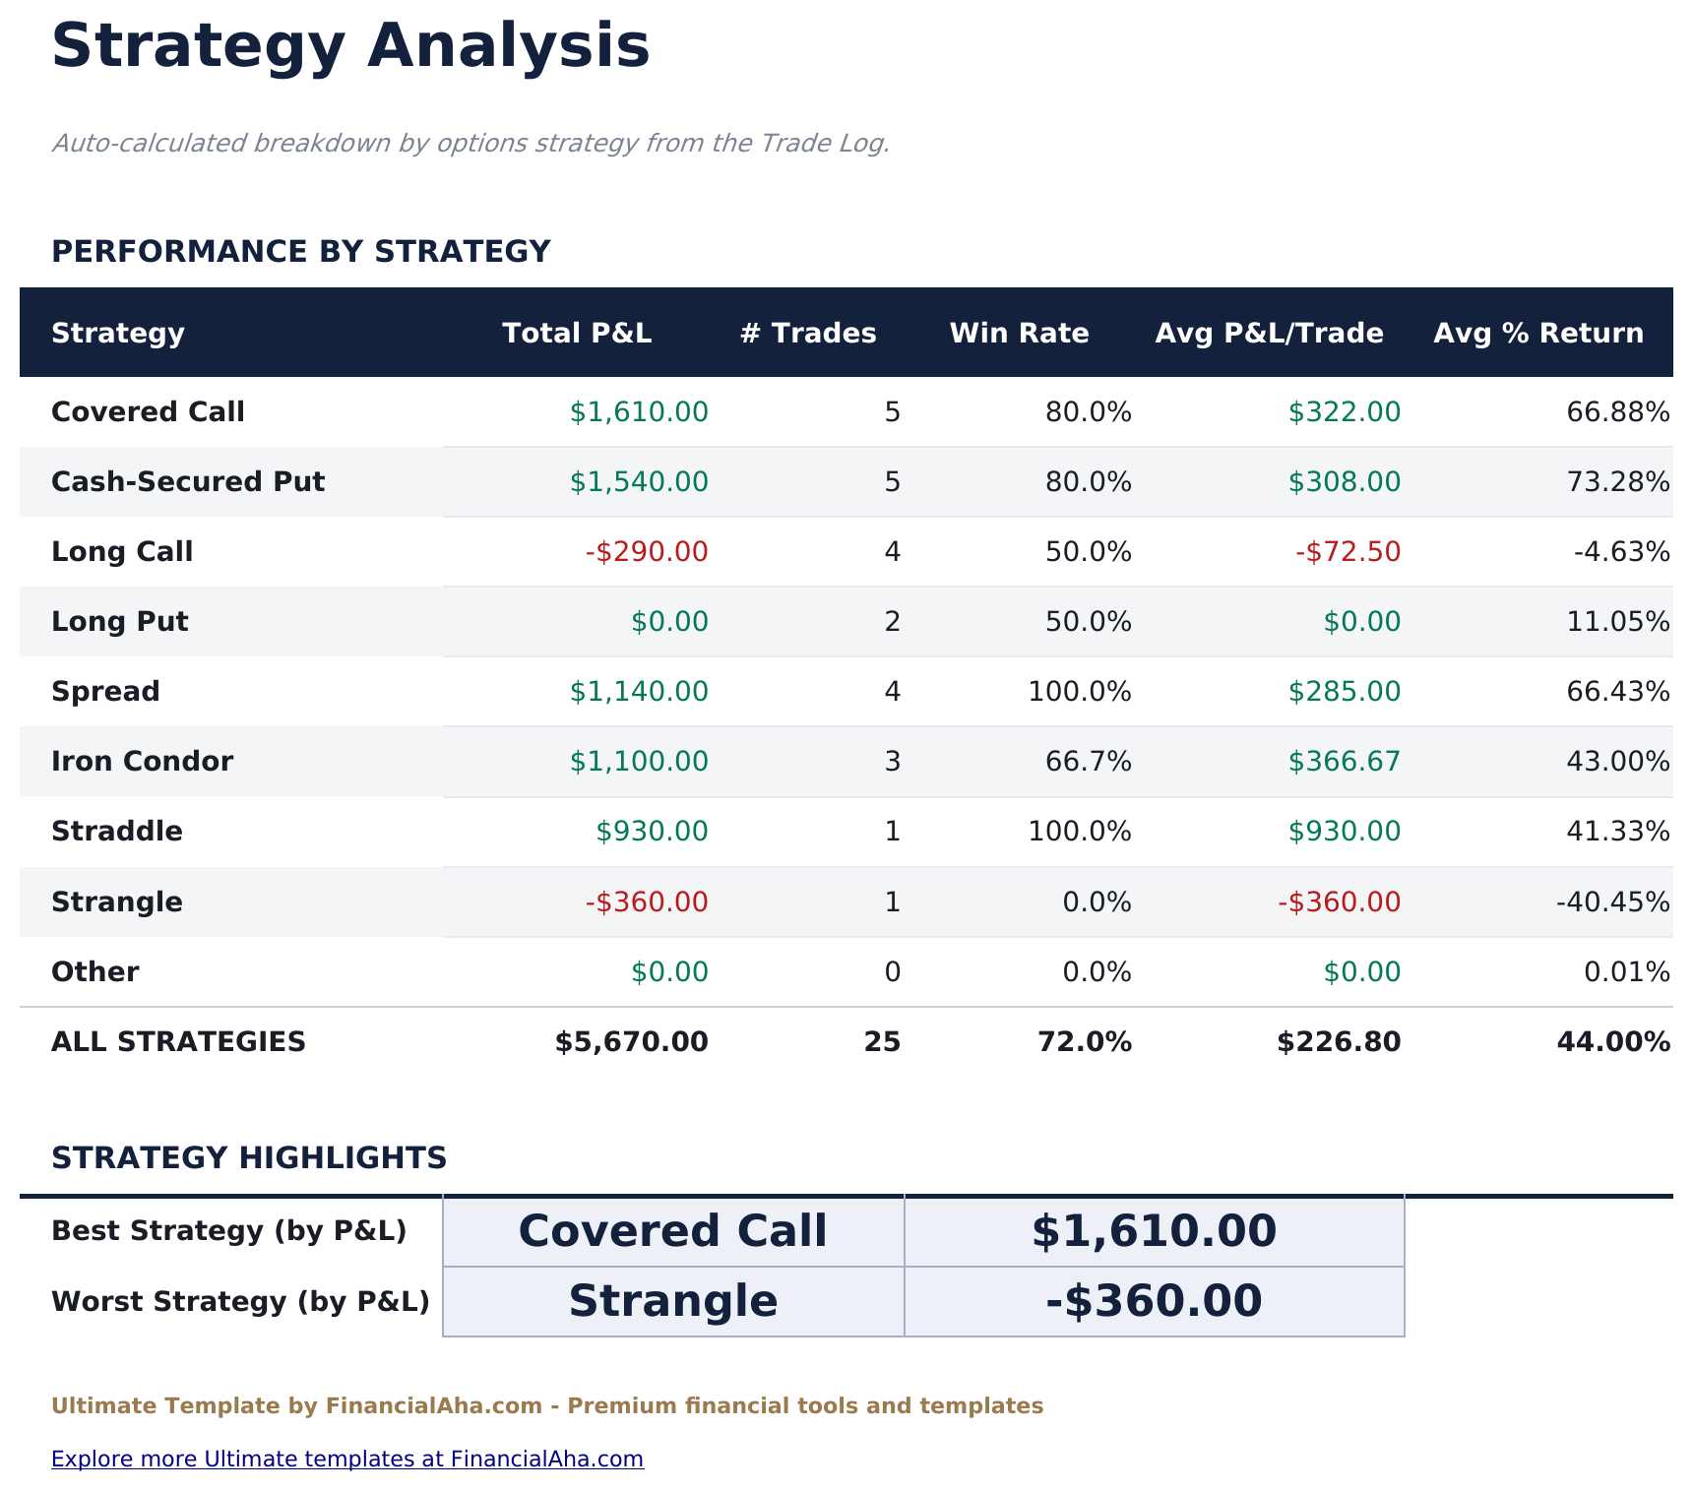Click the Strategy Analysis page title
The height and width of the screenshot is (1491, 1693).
350,46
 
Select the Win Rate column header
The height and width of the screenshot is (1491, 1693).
1019,334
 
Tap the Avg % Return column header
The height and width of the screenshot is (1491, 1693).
1538,334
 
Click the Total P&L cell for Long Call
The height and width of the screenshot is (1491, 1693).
647,552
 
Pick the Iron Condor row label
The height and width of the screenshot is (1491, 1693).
142,762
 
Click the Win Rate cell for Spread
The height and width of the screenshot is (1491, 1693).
1080,692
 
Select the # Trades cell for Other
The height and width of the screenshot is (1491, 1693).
892,972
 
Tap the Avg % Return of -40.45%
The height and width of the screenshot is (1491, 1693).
1612,902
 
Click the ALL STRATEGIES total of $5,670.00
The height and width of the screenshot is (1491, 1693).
631,1042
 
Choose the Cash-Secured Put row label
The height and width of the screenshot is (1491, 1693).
188,482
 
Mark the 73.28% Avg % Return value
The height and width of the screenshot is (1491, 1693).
1617,482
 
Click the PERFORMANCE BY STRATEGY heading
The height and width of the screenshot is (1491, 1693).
300,252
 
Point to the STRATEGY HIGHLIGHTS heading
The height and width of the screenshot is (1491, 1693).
249,1158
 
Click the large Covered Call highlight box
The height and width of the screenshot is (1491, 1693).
673,1231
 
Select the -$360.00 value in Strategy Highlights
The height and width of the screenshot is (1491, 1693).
1154,1301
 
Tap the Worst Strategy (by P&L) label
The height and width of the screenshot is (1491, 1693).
240,1302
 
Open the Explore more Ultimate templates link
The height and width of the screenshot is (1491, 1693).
347,1459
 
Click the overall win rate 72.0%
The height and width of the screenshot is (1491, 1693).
1085,1042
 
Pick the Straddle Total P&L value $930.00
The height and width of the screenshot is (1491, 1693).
652,832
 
